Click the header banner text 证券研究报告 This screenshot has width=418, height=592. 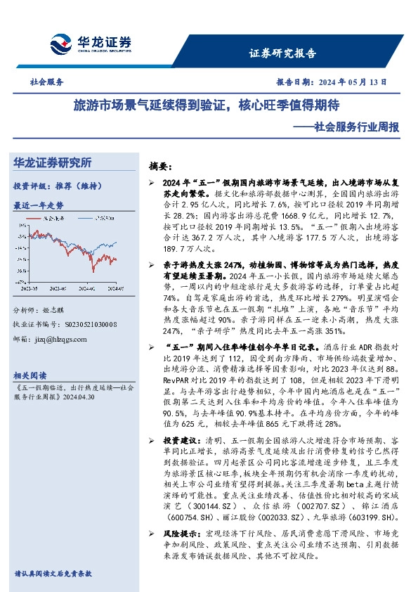click(282, 53)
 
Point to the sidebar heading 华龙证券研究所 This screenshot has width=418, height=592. click(52, 163)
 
